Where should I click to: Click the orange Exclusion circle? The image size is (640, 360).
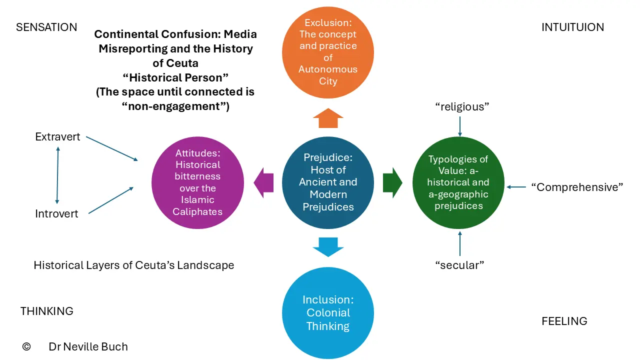click(328, 52)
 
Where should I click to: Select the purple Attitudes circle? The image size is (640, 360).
click(197, 182)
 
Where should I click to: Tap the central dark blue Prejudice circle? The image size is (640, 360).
click(328, 182)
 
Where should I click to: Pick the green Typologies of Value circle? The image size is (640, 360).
click(458, 182)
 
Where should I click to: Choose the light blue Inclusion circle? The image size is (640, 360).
click(328, 313)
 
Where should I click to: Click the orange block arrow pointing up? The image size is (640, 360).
click(328, 118)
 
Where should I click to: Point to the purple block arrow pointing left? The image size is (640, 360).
click(263, 183)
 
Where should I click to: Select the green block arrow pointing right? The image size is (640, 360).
click(393, 183)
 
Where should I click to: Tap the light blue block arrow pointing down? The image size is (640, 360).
click(328, 247)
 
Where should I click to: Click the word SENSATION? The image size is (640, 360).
click(46, 27)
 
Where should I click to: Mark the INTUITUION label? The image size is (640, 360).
click(573, 27)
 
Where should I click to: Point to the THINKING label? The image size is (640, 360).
click(47, 311)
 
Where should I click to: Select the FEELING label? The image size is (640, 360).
click(564, 321)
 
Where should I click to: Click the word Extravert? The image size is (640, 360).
click(57, 137)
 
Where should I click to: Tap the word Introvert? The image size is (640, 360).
click(56, 213)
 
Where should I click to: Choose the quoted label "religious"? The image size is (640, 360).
click(462, 107)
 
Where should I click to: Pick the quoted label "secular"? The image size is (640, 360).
click(459, 265)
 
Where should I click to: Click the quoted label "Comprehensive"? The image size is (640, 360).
click(577, 187)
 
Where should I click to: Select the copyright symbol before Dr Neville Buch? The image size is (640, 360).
click(26, 346)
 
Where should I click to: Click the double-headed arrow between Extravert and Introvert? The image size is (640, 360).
click(57, 175)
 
